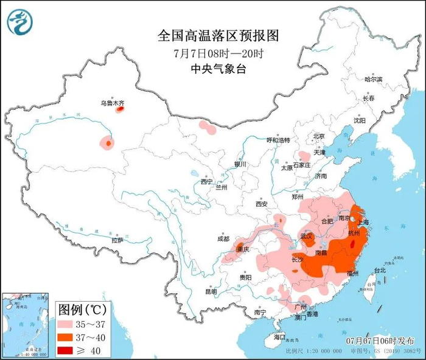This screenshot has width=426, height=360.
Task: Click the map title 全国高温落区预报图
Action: (x=218, y=36)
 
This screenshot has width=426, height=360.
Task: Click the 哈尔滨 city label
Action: (x=373, y=80)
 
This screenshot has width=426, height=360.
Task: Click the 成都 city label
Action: (x=223, y=239)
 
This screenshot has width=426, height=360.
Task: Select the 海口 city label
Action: (x=279, y=336)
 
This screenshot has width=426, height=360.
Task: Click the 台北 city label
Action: (x=379, y=269)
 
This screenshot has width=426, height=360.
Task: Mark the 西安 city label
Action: (x=262, y=204)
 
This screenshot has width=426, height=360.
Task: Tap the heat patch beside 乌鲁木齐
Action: (x=120, y=110)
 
